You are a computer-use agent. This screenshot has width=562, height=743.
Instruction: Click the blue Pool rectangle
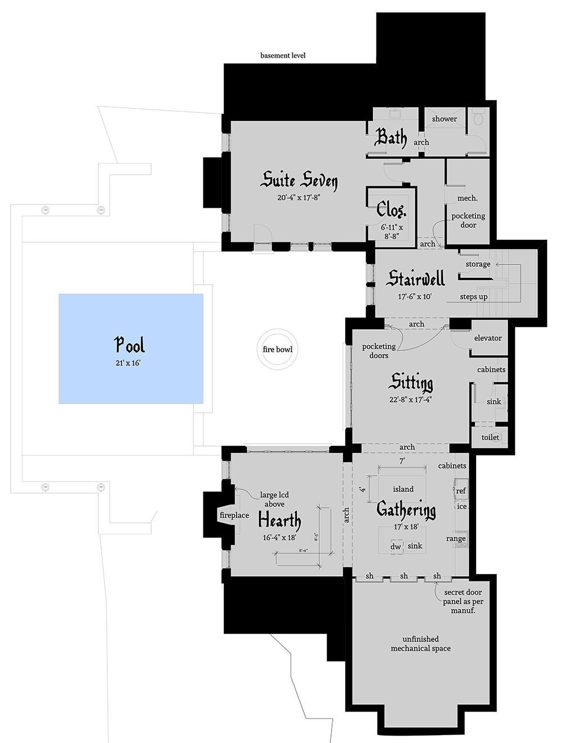[x=131, y=348]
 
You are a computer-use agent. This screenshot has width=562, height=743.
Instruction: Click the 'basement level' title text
[x=283, y=56]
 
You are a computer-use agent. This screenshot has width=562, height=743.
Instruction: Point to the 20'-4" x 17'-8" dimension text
[x=299, y=197]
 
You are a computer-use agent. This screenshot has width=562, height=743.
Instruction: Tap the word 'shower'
[x=444, y=119]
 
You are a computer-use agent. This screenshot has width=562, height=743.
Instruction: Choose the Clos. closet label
[x=391, y=209]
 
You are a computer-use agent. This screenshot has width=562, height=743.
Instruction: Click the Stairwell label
[x=415, y=278]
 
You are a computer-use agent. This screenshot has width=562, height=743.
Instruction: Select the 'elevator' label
[x=488, y=338]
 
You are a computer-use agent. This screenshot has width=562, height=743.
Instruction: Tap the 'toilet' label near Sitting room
[x=490, y=437]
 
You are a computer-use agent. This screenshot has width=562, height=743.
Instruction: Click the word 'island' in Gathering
[x=403, y=489]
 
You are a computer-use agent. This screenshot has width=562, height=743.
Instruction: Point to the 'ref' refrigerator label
[x=461, y=490]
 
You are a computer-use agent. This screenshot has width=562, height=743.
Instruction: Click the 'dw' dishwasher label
[x=396, y=546]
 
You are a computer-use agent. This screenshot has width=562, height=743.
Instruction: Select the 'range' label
[x=456, y=538]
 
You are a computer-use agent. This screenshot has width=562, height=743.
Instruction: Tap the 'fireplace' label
[x=234, y=515]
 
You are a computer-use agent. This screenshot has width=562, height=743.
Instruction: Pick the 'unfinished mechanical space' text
[x=421, y=644]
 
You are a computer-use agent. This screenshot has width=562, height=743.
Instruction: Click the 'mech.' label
[x=468, y=198]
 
